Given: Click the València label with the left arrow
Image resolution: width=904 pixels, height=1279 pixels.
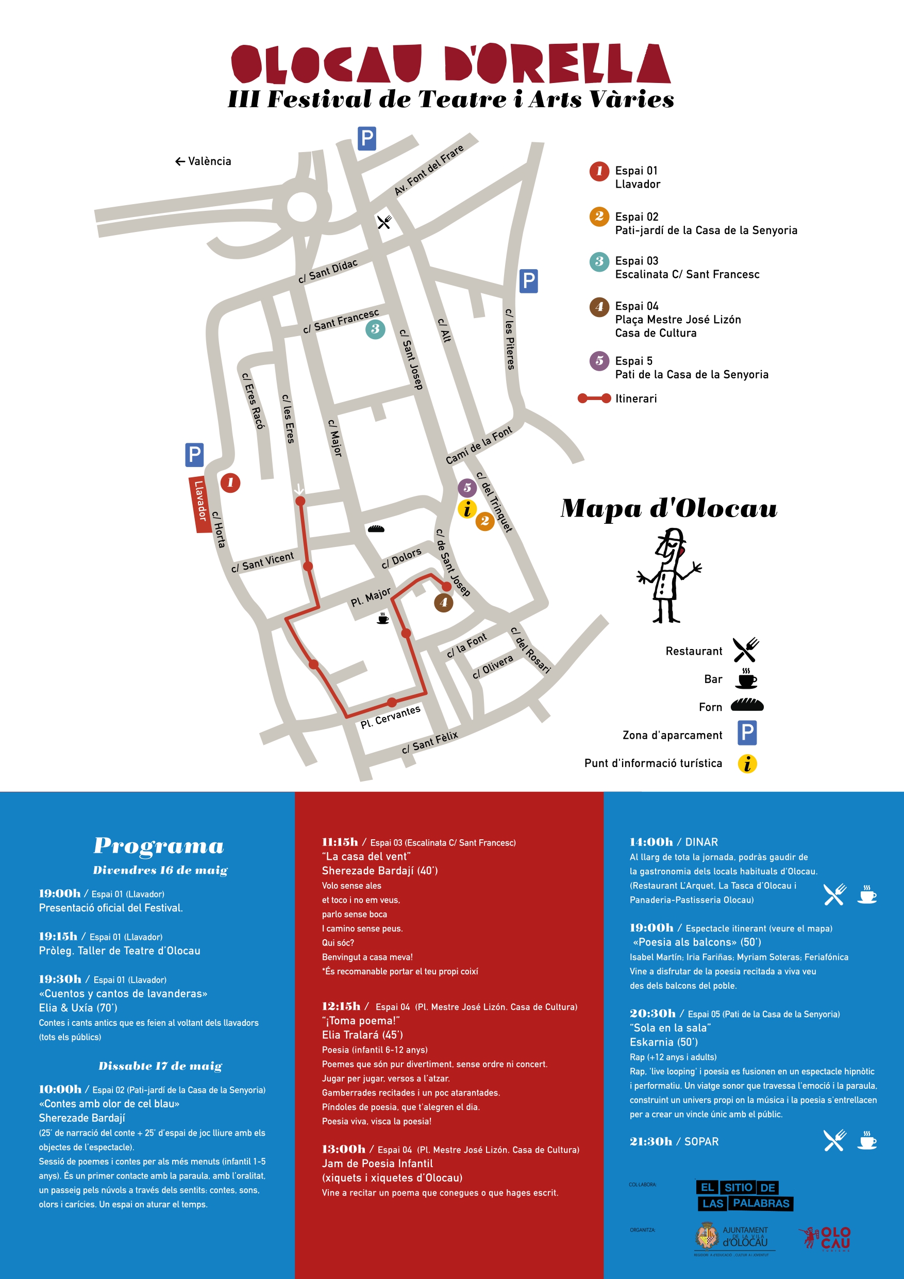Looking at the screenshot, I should click(x=203, y=161).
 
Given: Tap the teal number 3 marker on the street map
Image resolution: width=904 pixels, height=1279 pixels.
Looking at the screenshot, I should click(x=375, y=329).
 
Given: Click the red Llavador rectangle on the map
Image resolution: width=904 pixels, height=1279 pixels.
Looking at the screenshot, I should click(x=199, y=504).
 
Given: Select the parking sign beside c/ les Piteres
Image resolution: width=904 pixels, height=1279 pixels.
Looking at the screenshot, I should click(x=528, y=281).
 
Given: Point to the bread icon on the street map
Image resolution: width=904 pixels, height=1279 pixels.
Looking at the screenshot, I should click(x=376, y=528).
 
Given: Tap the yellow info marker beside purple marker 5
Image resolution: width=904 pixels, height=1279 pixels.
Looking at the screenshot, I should click(x=467, y=509).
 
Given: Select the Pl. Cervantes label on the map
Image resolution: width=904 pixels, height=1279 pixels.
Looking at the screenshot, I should click(x=390, y=717).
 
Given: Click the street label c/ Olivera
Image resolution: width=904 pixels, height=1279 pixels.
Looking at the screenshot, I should click(x=492, y=666).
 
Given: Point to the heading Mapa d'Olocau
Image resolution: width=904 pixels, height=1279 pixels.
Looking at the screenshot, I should click(x=668, y=508).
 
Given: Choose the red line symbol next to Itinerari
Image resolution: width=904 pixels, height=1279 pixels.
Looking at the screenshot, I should click(x=594, y=398).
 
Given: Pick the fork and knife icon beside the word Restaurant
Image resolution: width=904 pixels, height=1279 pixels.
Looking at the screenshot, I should click(x=745, y=650).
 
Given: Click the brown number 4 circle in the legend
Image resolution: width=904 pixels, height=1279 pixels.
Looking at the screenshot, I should click(x=599, y=306).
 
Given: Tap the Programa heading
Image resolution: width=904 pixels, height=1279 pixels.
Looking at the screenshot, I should click(x=159, y=845).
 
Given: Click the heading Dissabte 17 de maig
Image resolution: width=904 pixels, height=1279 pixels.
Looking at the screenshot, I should click(x=160, y=1066).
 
